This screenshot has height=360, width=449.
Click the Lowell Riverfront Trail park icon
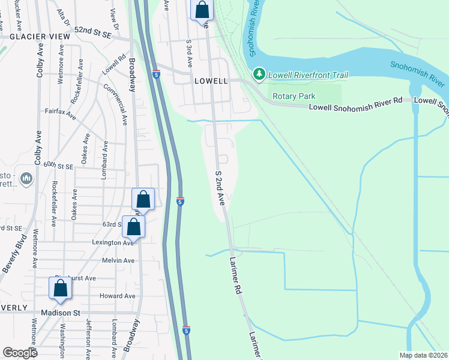259,74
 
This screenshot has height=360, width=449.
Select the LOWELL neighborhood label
210,81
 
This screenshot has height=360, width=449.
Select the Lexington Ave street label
112,243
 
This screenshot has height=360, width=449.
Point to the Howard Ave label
118,296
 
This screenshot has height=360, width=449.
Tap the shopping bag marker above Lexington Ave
134,227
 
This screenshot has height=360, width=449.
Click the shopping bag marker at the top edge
202,10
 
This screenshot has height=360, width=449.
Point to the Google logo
20,353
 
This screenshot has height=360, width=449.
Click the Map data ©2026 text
423,355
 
